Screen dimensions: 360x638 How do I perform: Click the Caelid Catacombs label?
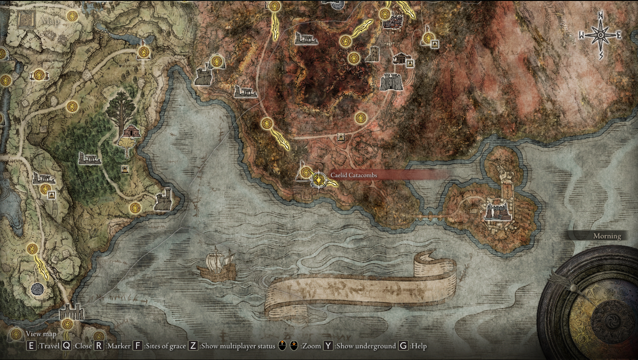pyautogui.click(x=354, y=175)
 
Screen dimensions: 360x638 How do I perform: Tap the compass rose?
pyautogui.click(x=600, y=35)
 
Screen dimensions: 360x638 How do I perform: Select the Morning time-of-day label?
pyautogui.click(x=607, y=236)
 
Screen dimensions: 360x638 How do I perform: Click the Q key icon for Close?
pyautogui.click(x=67, y=346)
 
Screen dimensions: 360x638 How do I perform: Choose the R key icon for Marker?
pyautogui.click(x=99, y=346)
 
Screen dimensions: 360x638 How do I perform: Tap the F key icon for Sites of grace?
pyautogui.click(x=137, y=346)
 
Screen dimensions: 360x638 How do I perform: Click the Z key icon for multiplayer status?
pyautogui.click(x=193, y=346)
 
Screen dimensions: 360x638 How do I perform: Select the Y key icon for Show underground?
pyautogui.click(x=328, y=346)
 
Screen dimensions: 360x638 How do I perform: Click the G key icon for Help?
pyautogui.click(x=403, y=346)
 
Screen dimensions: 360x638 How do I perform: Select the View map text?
pyautogui.click(x=41, y=334)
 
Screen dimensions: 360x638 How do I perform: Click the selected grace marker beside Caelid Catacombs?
pyautogui.click(x=319, y=180)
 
